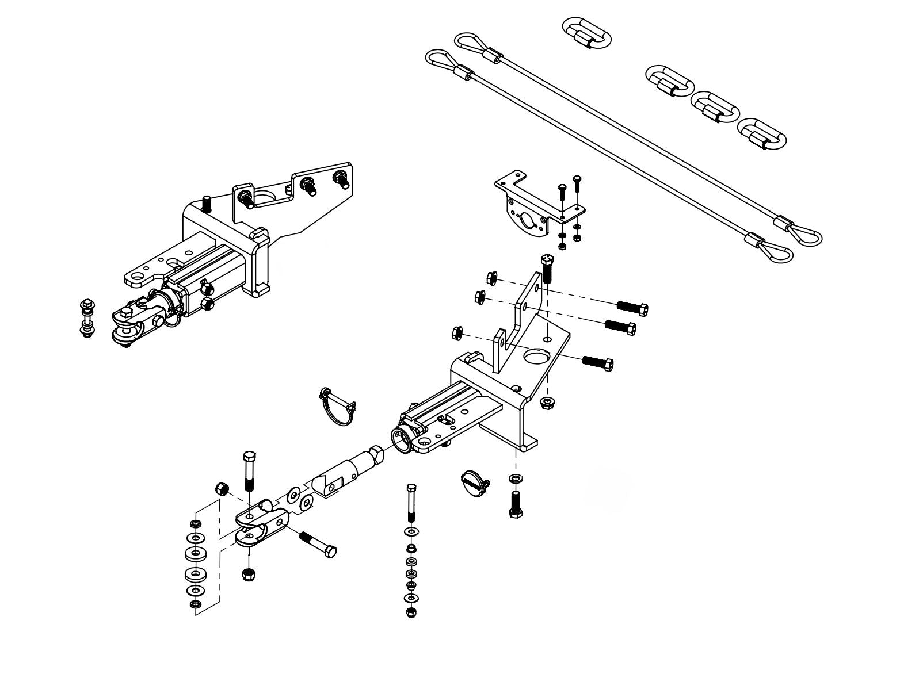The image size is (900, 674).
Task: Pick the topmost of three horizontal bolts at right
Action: tap(632, 308)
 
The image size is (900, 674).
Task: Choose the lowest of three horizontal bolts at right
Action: tap(598, 362)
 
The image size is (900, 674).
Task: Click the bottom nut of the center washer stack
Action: tap(411, 611)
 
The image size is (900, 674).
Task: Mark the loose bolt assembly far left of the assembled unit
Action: tap(88, 318)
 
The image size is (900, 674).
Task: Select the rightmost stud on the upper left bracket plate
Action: tap(342, 179)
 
